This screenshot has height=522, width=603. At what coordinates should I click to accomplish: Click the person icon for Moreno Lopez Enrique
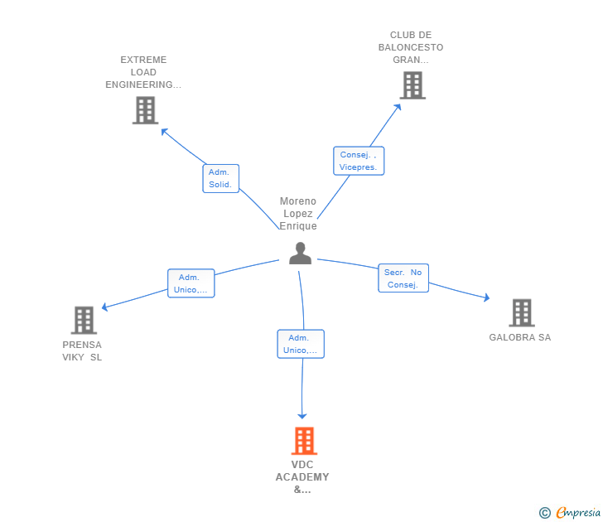pyautogui.click(x=300, y=254)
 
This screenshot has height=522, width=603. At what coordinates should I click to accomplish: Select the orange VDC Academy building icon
pyautogui.click(x=304, y=441)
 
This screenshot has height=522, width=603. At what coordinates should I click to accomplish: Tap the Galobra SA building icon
pyautogui.click(x=521, y=312)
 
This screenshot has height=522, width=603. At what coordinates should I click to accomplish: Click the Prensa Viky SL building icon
pyautogui.click(x=84, y=320)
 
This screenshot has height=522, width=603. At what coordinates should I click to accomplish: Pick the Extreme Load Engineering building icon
pyautogui.click(x=145, y=110)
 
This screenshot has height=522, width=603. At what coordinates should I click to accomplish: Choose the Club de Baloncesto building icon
pyautogui.click(x=412, y=85)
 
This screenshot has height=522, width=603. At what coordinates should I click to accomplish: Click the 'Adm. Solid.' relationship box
pyautogui.click(x=220, y=178)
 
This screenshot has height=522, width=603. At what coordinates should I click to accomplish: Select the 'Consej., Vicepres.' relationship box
pyautogui.click(x=358, y=161)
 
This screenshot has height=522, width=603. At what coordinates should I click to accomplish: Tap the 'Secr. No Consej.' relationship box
pyautogui.click(x=403, y=278)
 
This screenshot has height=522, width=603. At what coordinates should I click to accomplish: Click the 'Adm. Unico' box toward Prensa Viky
pyautogui.click(x=191, y=283)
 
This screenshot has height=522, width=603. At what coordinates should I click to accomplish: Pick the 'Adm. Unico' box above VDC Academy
pyautogui.click(x=300, y=344)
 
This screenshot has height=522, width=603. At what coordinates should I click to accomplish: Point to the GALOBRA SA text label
pyautogui.click(x=519, y=337)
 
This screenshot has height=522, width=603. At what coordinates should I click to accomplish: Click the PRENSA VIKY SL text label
pyautogui.click(x=82, y=350)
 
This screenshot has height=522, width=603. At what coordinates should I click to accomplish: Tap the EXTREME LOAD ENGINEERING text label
pyautogui.click(x=143, y=72)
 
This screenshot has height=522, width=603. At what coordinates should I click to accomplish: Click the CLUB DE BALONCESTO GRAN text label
pyautogui.click(x=410, y=47)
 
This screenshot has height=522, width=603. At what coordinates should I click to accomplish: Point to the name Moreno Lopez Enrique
pyautogui.click(x=298, y=214)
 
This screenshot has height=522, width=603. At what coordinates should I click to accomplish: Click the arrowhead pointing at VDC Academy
pyautogui.click(x=302, y=415)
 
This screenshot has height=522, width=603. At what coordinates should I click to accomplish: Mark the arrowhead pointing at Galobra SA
pyautogui.click(x=486, y=298)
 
